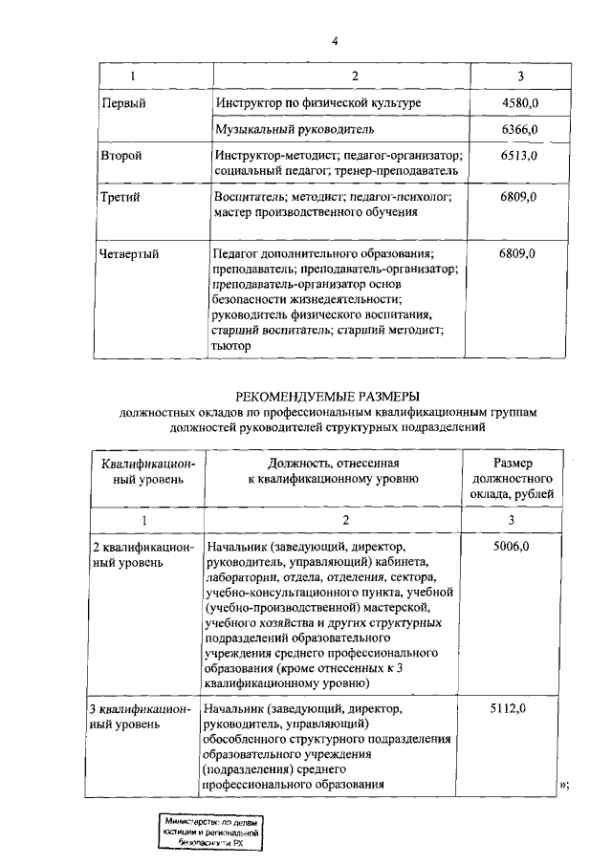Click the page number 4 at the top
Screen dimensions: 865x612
(x=335, y=40)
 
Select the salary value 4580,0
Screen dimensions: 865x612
(x=517, y=102)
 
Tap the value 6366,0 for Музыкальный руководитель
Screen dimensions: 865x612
(x=517, y=129)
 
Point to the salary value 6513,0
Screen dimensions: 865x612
(x=517, y=155)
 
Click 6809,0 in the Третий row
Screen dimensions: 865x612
(x=517, y=197)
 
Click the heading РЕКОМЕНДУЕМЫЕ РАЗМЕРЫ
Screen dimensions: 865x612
(x=328, y=396)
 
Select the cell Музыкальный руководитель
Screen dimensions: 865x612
(x=294, y=129)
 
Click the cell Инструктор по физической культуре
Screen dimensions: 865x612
(x=317, y=102)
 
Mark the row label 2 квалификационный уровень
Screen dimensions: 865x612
(x=142, y=553)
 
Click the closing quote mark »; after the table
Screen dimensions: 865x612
(x=563, y=785)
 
